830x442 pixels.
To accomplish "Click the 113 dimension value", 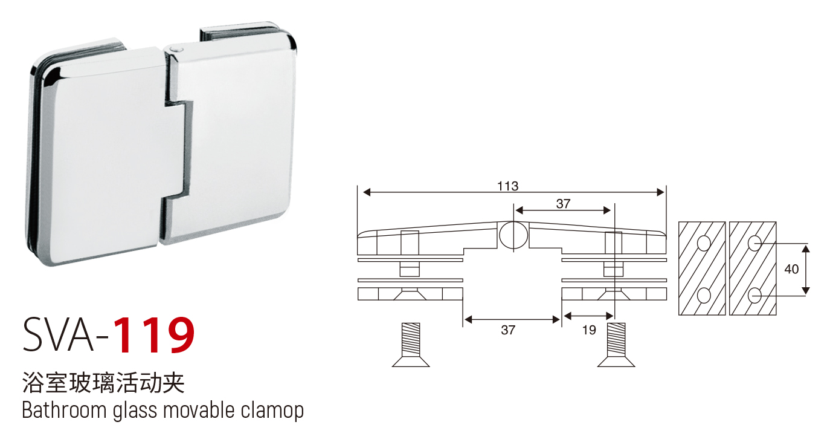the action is pos(507,186).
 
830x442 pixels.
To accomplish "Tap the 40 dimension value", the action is pos(791,269).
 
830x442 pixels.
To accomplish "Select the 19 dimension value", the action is pos(589,330).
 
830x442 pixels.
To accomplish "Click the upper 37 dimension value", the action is pos(563,204).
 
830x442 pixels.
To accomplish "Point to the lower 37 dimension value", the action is pos(508,330).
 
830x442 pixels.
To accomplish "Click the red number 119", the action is pos(153,335).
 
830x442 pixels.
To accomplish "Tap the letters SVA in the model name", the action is pos(59,334).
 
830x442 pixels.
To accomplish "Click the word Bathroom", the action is pos(65,410).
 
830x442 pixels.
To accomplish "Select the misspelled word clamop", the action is pos(272,411).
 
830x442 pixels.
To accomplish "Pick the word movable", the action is pos(199,410).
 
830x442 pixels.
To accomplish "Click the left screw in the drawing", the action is pos(411,345).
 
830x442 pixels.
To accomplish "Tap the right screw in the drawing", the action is pos(616,345).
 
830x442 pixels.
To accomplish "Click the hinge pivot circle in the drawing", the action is pos(513,235).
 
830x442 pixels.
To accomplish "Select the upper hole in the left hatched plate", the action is pos(704,244).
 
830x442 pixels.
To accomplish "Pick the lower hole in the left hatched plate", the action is pos(704,296).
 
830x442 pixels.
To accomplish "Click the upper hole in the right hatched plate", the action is pos(754,244).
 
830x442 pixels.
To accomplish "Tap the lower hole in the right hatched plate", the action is pos(754,296).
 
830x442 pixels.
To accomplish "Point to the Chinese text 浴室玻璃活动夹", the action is pos(103,382).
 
